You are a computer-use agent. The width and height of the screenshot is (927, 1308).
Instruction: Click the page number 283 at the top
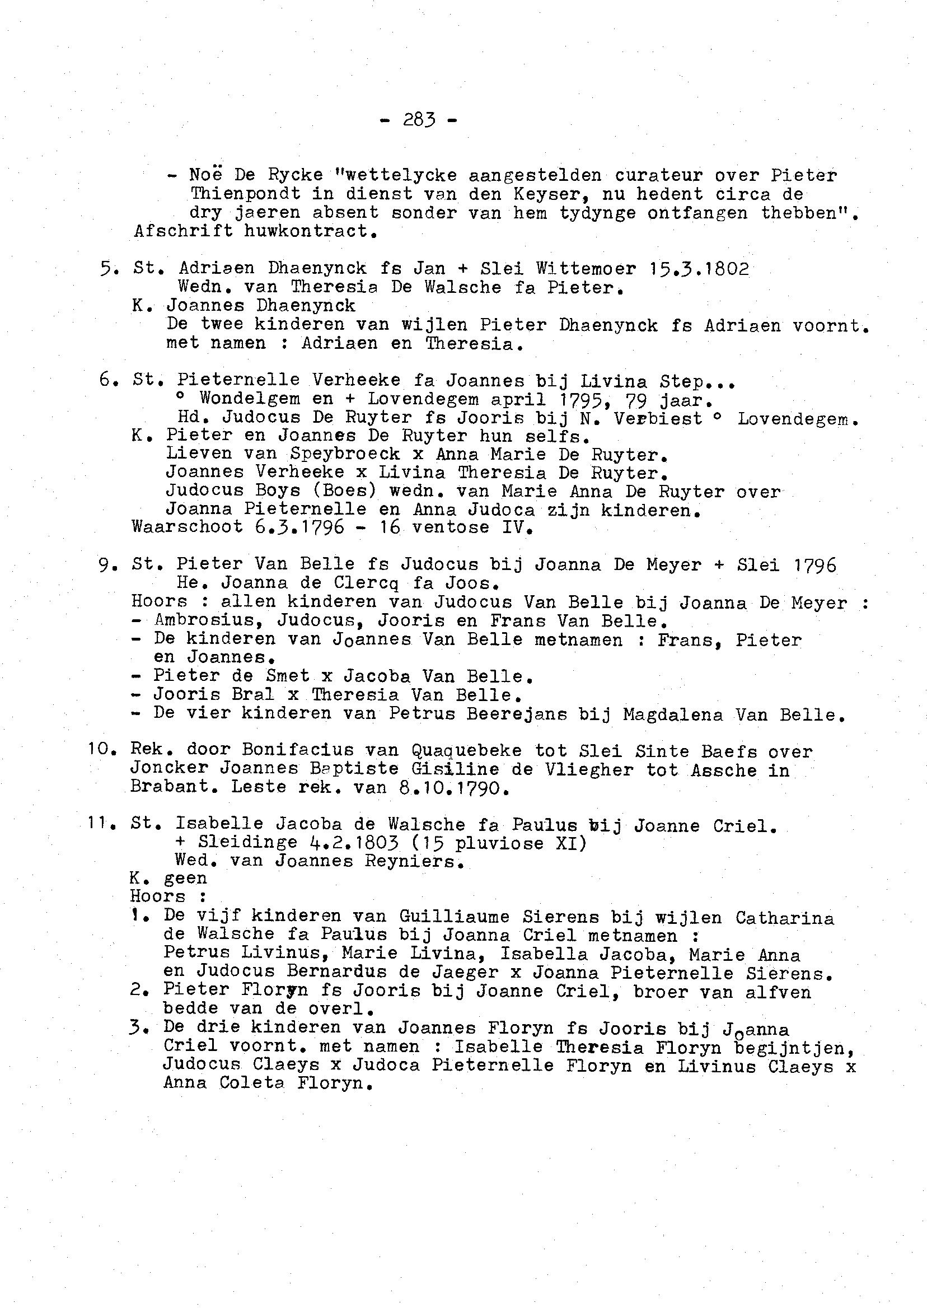tap(419, 120)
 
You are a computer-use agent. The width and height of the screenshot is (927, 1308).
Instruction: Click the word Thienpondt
tap(245, 194)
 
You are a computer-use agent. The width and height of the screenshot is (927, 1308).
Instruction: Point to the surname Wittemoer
tap(586, 268)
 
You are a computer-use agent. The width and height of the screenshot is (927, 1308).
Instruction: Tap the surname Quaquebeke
tap(462, 751)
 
